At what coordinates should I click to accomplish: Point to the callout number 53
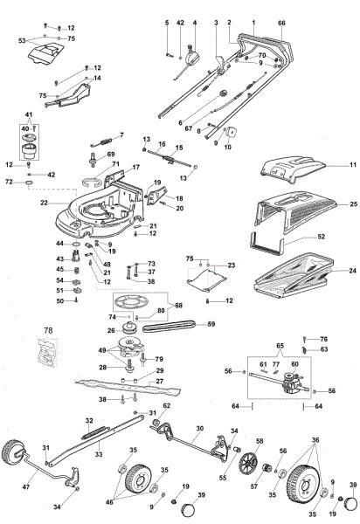pyautogui.click(x=20, y=40)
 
